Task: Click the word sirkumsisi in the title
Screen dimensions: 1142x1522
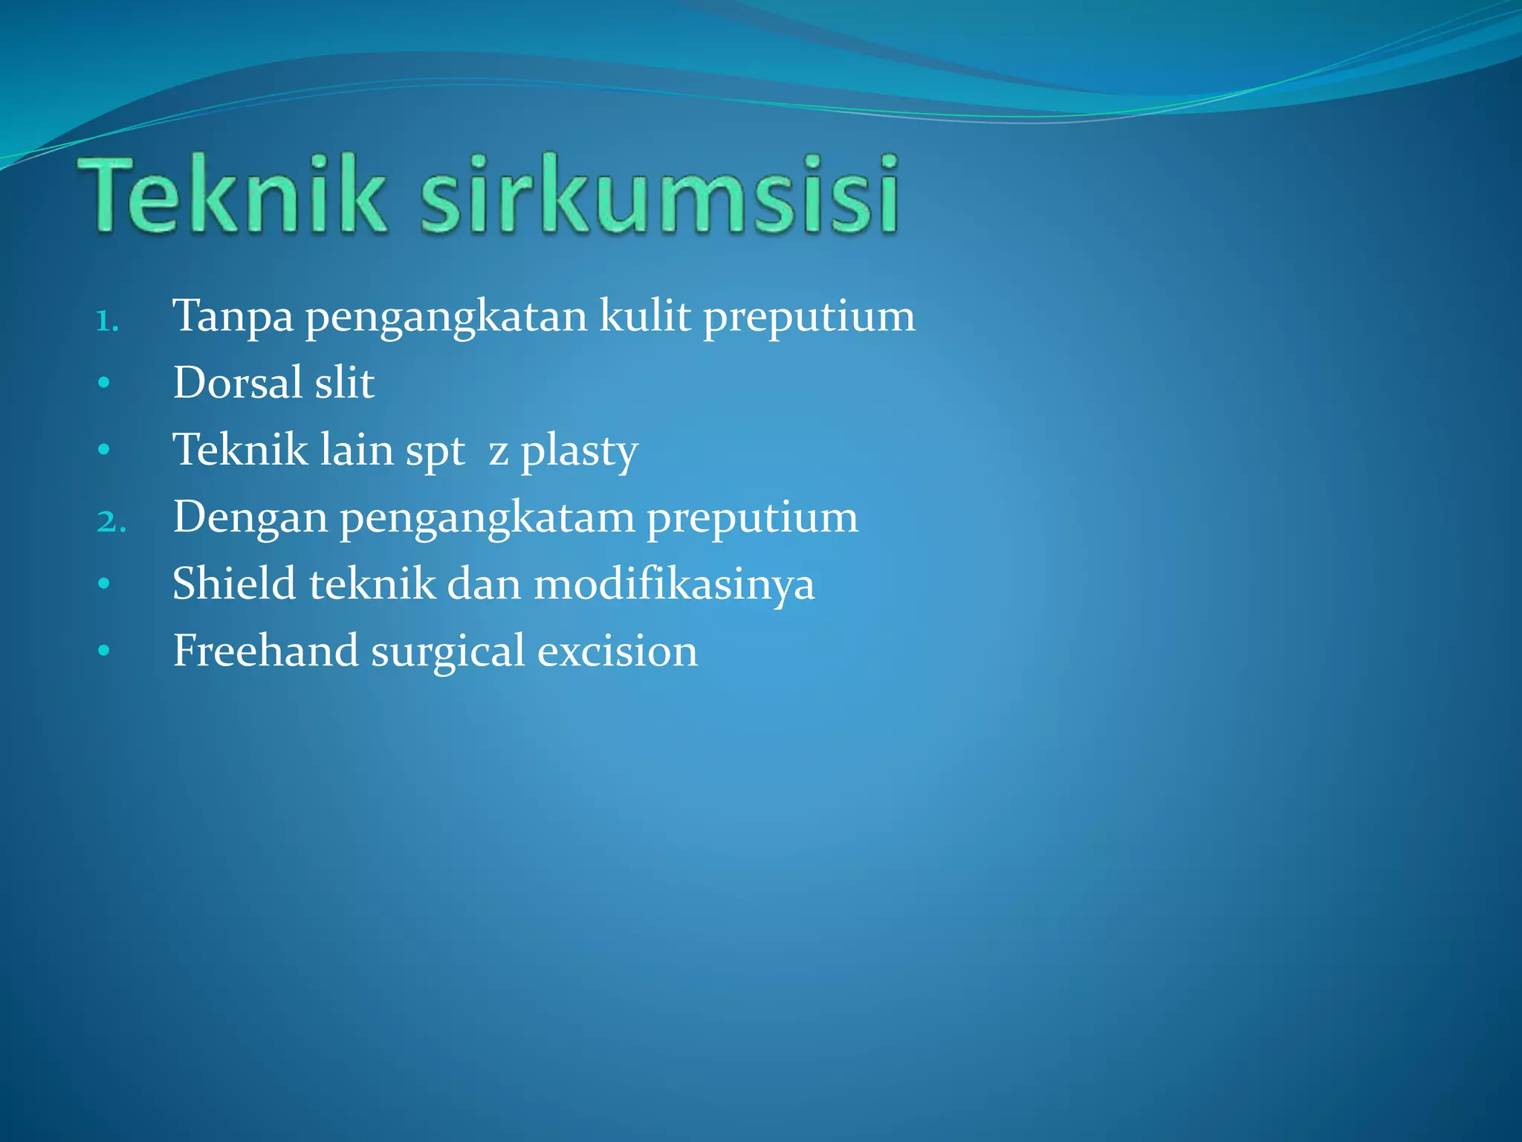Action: (660, 195)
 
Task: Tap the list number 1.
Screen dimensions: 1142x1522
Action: (107, 322)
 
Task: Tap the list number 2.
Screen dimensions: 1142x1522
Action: (111, 522)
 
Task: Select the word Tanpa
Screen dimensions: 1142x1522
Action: (233, 316)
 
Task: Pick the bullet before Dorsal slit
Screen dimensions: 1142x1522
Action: (104, 383)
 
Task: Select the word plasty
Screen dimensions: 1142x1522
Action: (579, 451)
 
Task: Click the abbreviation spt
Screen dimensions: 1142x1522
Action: (435, 451)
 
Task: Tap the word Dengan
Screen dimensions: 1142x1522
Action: (250, 517)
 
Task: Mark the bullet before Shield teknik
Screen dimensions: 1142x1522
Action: (104, 584)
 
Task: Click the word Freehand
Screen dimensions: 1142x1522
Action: (265, 651)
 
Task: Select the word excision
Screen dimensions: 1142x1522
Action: (618, 651)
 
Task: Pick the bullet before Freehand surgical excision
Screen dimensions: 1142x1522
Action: (104, 651)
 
